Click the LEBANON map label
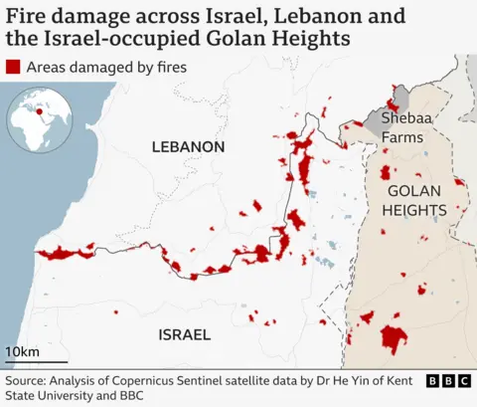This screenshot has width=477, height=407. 188,147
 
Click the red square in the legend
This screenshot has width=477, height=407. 13,68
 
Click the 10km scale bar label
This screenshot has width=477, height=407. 22,352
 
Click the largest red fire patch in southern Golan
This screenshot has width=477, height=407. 394,338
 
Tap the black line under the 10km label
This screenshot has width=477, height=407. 37,363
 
